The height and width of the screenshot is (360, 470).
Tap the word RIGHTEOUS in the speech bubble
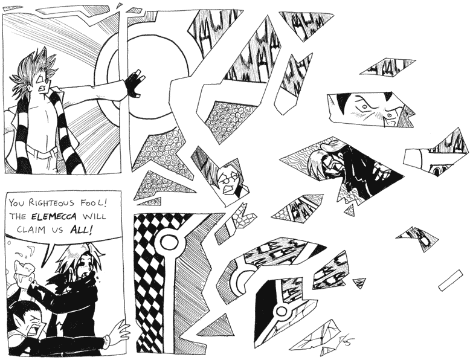51,203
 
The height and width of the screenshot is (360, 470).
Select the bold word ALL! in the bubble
80,230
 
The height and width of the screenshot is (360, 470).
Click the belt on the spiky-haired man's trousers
42,152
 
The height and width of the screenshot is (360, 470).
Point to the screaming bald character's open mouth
33,330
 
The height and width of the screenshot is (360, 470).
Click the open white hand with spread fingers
118,331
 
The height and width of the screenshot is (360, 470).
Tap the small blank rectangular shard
451,280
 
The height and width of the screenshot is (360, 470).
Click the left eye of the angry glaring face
364,106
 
